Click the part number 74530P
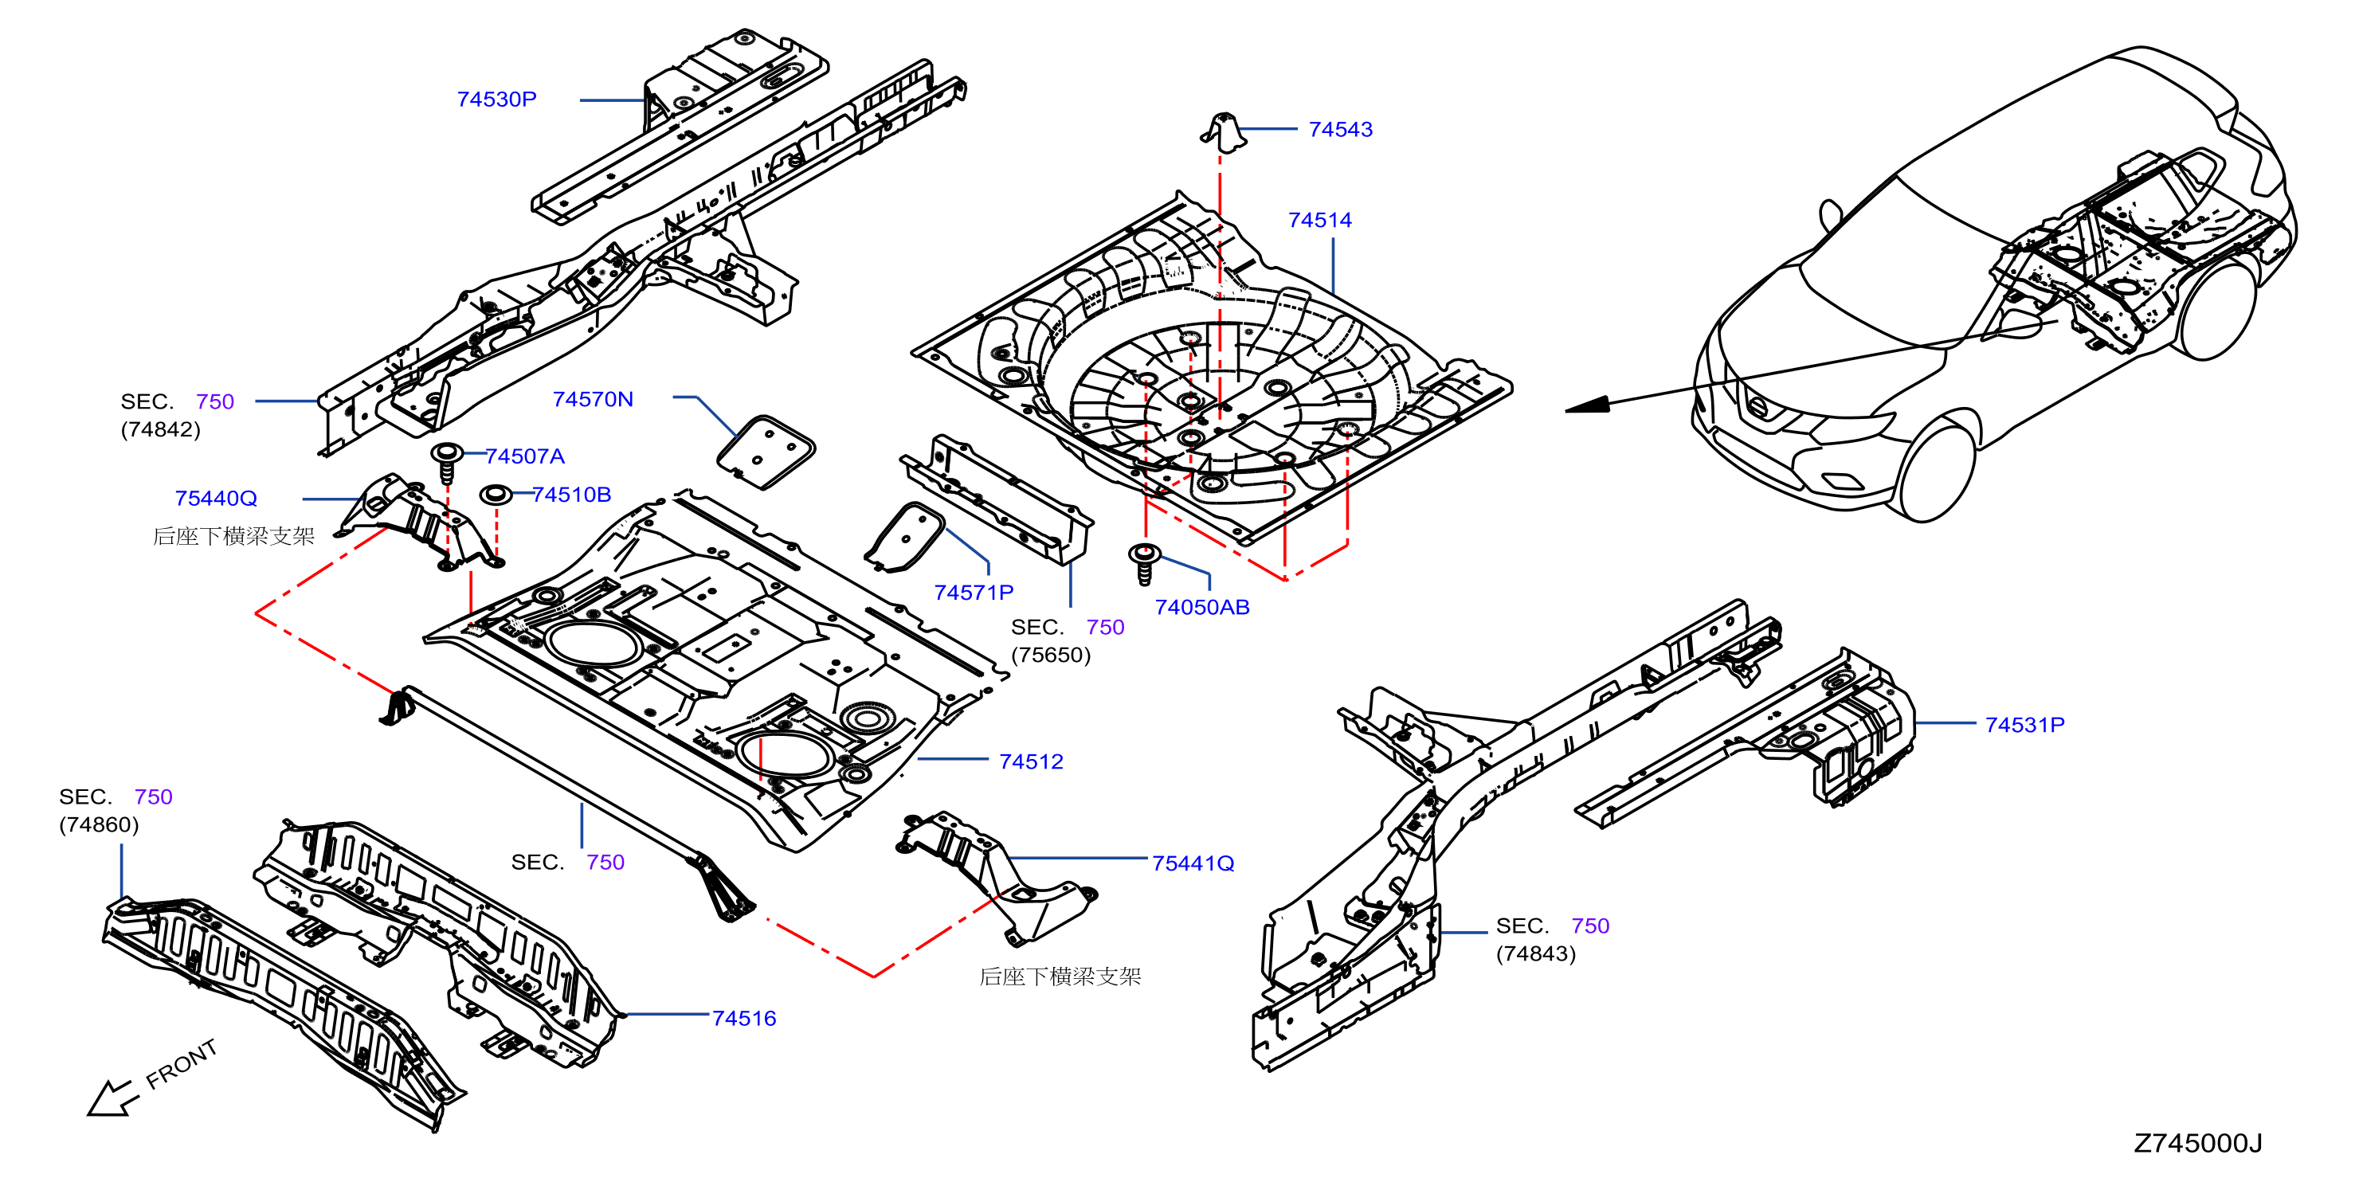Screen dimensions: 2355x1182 (496, 100)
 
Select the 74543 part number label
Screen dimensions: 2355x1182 (1340, 130)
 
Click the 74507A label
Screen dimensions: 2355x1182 (525, 456)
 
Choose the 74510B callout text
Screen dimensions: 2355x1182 (571, 495)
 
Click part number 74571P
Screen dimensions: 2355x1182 (974, 593)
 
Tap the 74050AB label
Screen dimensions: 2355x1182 (1201, 607)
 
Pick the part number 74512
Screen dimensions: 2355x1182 (1031, 761)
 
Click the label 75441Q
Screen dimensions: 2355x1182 (1193, 863)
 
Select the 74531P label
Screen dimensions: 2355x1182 (2024, 725)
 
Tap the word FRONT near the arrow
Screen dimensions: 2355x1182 (182, 1064)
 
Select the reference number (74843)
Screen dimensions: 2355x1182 (1536, 953)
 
